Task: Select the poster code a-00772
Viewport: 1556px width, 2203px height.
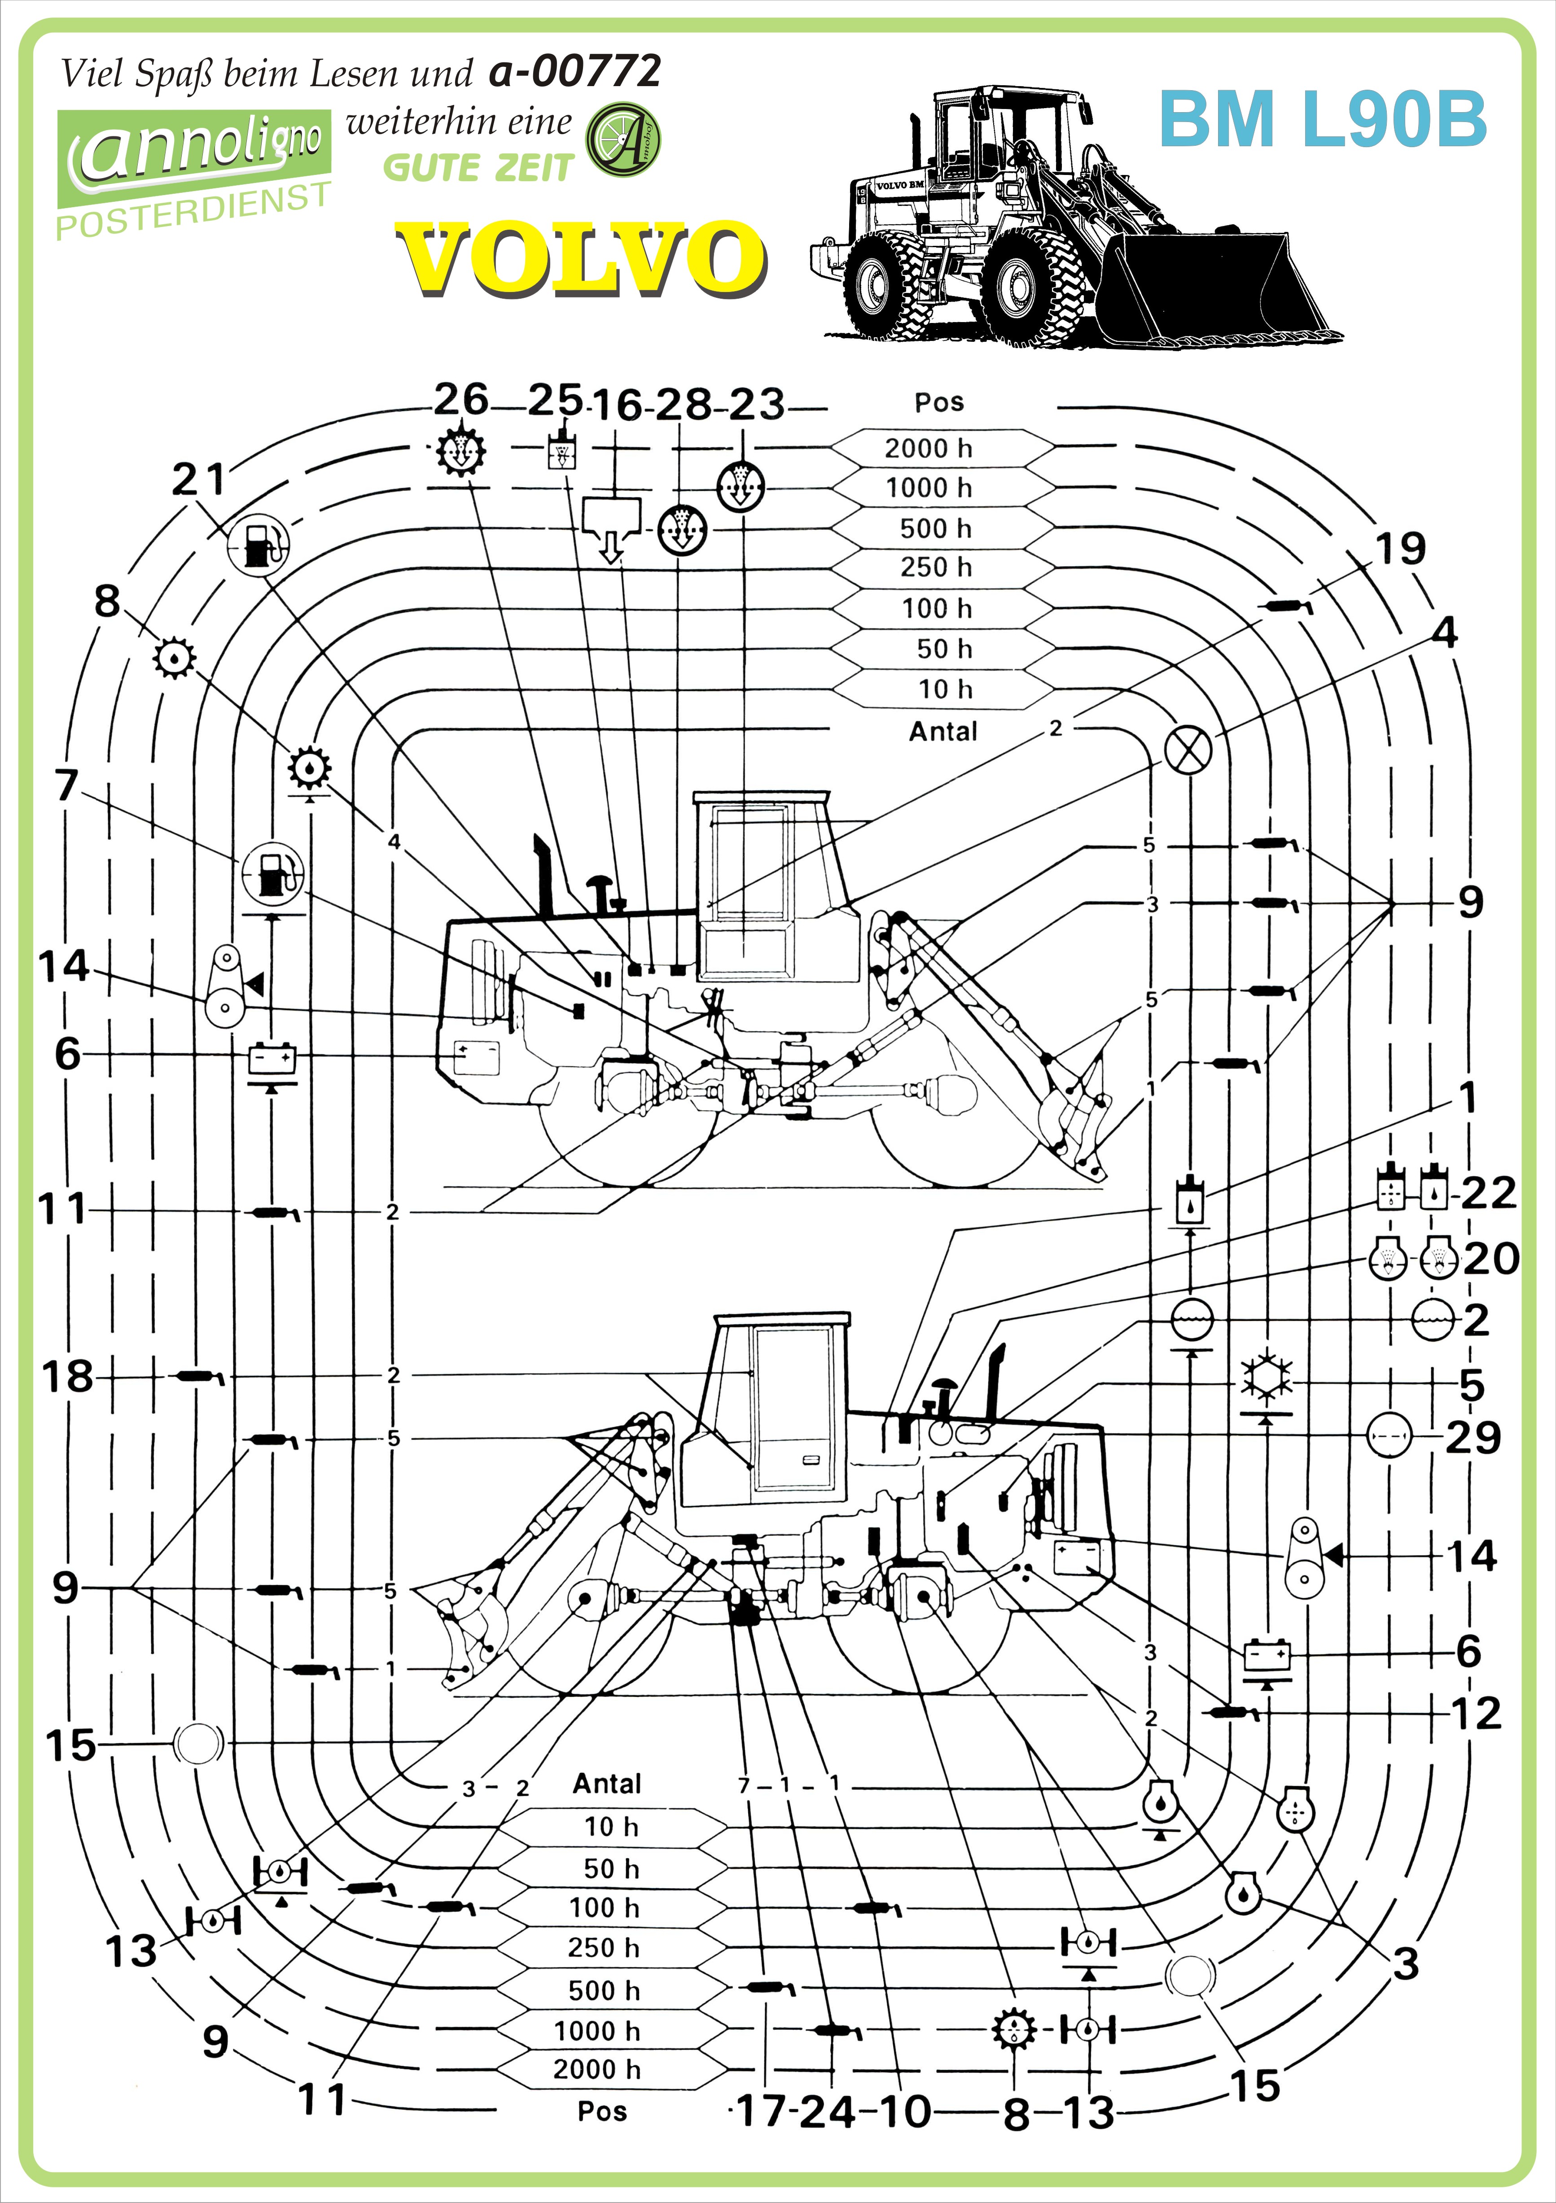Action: coord(574,71)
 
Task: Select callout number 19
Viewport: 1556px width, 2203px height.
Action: coord(1401,549)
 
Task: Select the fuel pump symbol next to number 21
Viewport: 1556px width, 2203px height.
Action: coord(257,544)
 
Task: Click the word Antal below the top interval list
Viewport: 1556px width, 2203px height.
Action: coord(942,731)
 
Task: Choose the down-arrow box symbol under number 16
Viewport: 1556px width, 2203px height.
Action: coord(610,528)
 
